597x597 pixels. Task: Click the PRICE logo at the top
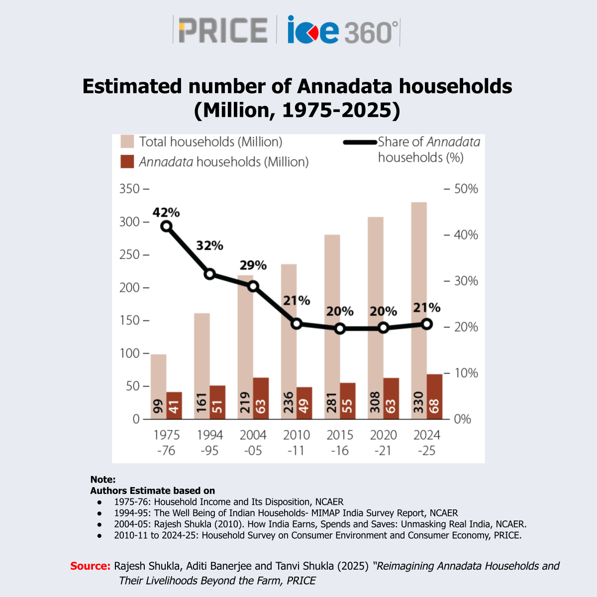[223, 30]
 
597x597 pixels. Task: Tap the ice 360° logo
[343, 31]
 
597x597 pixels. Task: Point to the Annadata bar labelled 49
[304, 403]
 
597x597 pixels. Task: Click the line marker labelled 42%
[167, 226]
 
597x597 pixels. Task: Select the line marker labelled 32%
[210, 274]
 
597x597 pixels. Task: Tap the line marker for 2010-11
[297, 324]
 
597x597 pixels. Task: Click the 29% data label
[253, 265]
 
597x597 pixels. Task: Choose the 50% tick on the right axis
[466, 189]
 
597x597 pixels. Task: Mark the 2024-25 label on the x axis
[427, 442]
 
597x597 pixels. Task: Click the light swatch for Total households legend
[127, 142]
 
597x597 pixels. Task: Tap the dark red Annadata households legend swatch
[127, 162]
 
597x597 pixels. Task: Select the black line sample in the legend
[360, 142]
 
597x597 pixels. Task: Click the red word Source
[90, 566]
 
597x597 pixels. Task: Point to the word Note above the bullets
[102, 480]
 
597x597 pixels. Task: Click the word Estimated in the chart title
[132, 87]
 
